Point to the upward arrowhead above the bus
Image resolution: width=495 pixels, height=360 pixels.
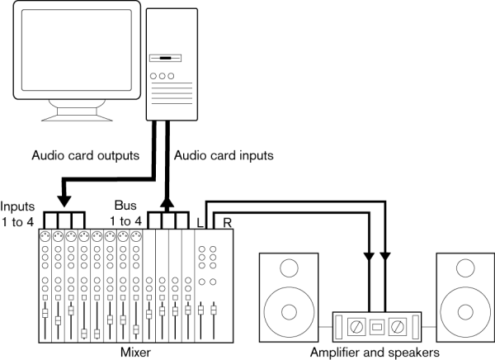[168, 203]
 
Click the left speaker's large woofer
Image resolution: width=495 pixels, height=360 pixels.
[288, 311]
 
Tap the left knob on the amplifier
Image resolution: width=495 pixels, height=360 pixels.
[357, 324]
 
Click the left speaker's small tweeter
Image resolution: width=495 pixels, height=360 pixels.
[288, 268]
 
